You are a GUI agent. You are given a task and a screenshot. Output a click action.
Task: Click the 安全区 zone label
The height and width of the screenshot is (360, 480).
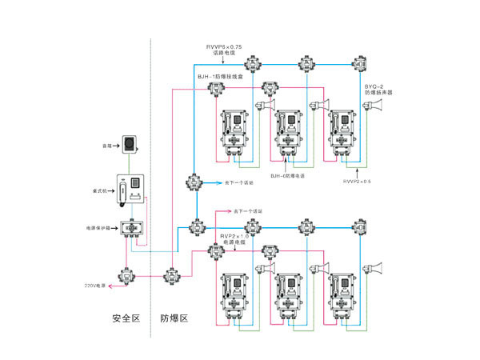[x=126, y=319]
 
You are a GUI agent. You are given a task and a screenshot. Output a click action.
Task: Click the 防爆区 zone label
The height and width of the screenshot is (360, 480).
[x=174, y=319]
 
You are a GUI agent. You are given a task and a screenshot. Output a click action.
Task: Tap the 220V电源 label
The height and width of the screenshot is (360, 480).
[x=97, y=286]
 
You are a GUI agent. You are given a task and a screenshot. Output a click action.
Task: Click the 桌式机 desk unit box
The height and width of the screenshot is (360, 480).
[x=130, y=193]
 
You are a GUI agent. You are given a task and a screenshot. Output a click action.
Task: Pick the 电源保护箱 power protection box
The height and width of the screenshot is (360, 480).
[x=130, y=229]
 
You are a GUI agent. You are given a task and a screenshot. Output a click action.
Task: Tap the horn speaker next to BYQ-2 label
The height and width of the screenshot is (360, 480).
[x=377, y=107]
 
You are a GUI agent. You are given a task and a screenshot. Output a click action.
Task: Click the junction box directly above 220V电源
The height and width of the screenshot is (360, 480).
[x=124, y=274]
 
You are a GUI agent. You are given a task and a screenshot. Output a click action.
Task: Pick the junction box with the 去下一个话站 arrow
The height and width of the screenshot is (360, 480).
[x=194, y=182]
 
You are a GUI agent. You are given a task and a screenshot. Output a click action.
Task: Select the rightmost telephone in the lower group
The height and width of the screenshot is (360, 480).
[x=342, y=289]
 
